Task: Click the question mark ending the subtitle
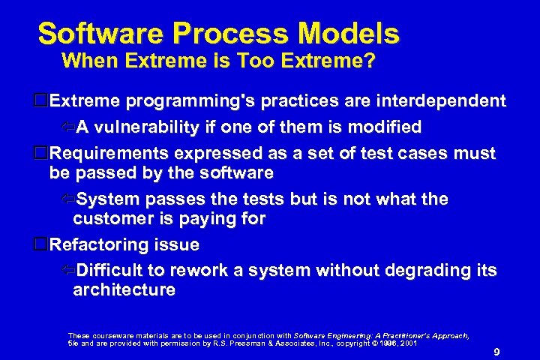(x=369, y=61)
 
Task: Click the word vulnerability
(x=148, y=127)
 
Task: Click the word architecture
(x=124, y=290)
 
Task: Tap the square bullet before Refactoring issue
(x=42, y=244)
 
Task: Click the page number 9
(x=497, y=352)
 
